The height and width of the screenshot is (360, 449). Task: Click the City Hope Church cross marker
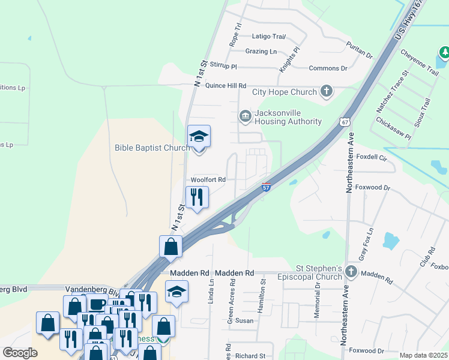coord(327,91)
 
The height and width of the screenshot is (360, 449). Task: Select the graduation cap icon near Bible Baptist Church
coord(199,137)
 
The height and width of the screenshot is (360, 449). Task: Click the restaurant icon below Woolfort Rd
coord(197,197)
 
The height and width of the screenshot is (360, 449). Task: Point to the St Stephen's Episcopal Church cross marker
coord(351,274)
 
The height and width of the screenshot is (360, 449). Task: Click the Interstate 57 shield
coord(266,188)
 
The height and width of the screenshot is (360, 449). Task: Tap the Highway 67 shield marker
coord(343,121)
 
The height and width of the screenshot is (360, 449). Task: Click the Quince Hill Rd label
coord(226,86)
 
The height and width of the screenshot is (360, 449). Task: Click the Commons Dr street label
coord(328,68)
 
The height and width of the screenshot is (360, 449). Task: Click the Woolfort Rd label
coord(208,179)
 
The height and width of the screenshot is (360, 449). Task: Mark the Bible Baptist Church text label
coord(152,148)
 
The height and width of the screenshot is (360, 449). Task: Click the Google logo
coord(20,353)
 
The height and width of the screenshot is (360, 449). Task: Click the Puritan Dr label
coord(359,50)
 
